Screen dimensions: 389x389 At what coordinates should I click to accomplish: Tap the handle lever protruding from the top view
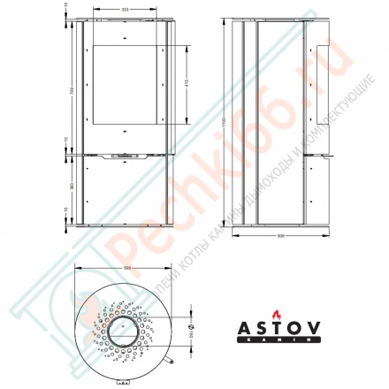tap(171, 362)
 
